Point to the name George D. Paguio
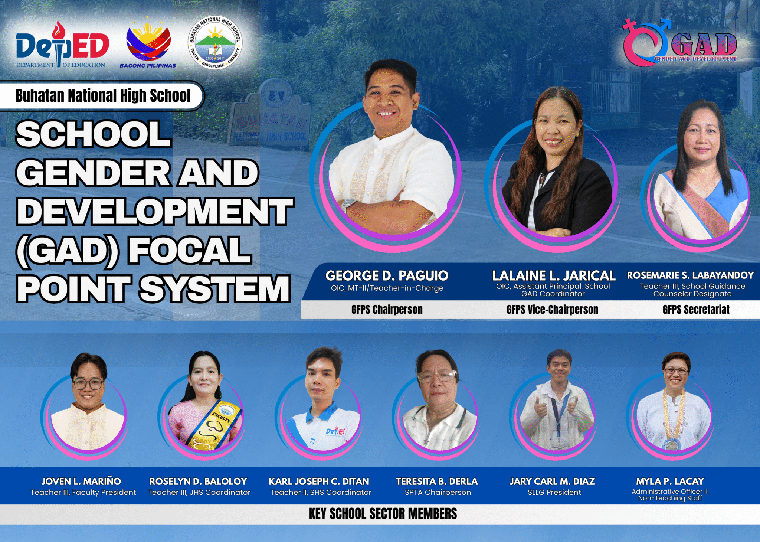point(387,276)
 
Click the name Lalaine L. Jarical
point(553,276)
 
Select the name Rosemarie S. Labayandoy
point(690,275)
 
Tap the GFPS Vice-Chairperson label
point(552,310)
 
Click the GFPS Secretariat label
point(696,310)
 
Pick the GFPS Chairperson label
point(387,310)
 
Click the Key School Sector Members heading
point(383,514)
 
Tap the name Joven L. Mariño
point(81,481)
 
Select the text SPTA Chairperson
point(438,493)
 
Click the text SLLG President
point(554,493)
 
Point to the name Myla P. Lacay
point(670,481)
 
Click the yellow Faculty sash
point(215,427)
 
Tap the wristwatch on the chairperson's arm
point(348,205)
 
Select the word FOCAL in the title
point(190,251)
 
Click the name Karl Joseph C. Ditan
point(319,481)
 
